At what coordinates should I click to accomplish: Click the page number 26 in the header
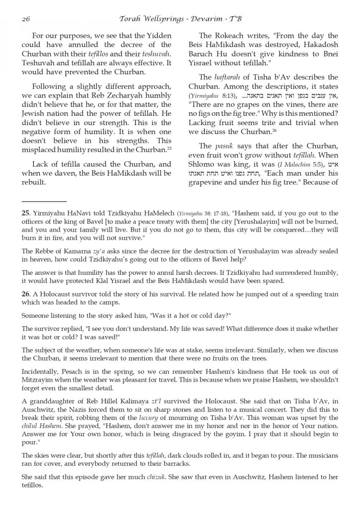[x=25, y=19]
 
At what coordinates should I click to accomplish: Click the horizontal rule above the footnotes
[x=44, y=201]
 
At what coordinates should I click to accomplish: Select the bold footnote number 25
[x=26, y=213]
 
